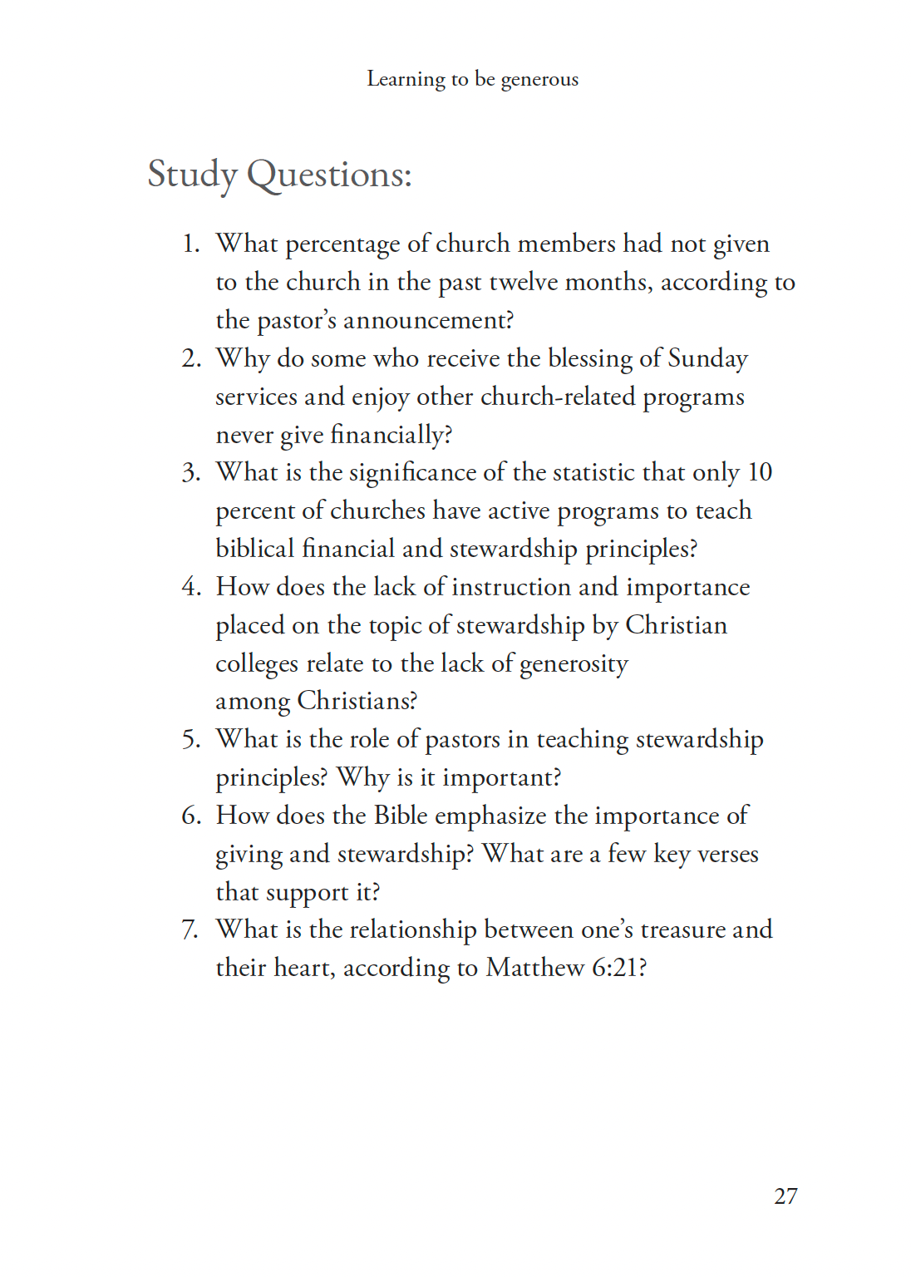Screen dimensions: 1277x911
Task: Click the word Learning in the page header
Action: click(406, 79)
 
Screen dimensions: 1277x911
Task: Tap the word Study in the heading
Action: click(192, 175)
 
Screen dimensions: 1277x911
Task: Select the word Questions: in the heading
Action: click(329, 175)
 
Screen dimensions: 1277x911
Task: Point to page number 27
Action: click(785, 1196)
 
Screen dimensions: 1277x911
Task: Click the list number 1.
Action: click(190, 244)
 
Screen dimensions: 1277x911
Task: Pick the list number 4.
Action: click(190, 587)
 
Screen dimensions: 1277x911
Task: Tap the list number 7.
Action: click(190, 929)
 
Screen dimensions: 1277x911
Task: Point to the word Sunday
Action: click(708, 358)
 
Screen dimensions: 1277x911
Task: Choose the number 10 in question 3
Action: click(760, 472)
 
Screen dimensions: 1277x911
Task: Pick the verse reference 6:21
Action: click(616, 968)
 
